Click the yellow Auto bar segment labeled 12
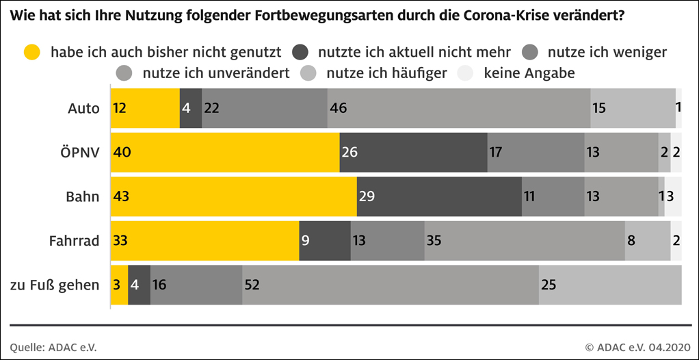[x=145, y=108]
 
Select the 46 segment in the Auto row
[x=458, y=108]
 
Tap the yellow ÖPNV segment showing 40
[x=225, y=152]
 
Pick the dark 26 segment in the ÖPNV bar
[x=413, y=152]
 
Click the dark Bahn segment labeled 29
[x=439, y=196]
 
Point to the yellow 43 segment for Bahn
[x=233, y=196]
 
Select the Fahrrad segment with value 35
[x=525, y=240]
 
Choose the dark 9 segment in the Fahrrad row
[x=325, y=240]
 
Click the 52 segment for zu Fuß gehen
[x=391, y=284]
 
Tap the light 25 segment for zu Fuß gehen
[x=610, y=284]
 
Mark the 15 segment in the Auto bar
[x=633, y=108]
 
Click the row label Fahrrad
[x=75, y=241]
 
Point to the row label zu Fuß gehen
[x=55, y=285]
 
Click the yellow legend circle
[x=32, y=52]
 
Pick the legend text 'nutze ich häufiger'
[x=387, y=73]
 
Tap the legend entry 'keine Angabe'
[x=529, y=73]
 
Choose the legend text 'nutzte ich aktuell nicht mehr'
[x=414, y=52]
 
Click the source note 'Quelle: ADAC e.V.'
[x=53, y=347]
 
